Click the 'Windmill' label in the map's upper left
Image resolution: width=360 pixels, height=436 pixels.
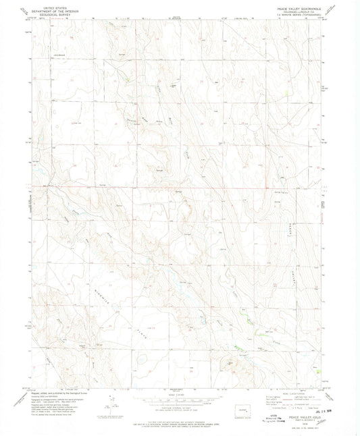coord(49,53)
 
